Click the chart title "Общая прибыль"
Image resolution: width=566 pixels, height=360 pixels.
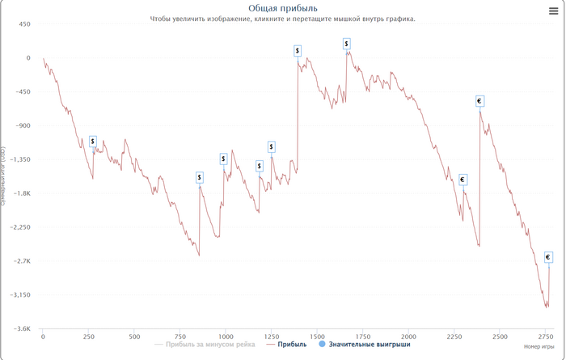point(282,8)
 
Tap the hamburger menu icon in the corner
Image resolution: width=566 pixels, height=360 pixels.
point(552,11)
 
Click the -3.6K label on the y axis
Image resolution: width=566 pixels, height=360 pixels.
point(20,329)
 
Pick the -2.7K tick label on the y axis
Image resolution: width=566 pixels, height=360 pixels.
point(20,261)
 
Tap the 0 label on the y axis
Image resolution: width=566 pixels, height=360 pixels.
point(27,58)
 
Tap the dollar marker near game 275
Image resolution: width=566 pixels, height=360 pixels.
point(93,141)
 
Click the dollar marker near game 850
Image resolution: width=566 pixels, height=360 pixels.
point(200,177)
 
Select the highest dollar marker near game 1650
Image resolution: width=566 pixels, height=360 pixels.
point(347,44)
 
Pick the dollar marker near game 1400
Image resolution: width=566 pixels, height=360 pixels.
point(298,50)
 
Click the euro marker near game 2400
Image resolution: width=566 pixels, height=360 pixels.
point(479,101)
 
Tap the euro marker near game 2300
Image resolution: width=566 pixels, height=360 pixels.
point(463,180)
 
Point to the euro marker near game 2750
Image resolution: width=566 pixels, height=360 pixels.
point(548,257)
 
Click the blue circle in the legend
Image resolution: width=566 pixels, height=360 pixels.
point(323,345)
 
